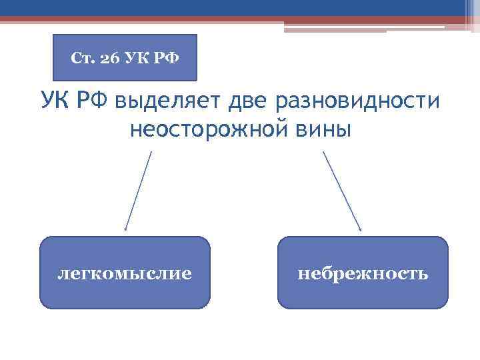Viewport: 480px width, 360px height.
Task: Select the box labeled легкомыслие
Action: click(125, 273)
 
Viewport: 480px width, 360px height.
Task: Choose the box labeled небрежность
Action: click(363, 273)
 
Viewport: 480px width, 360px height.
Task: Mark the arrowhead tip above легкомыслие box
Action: click(125, 230)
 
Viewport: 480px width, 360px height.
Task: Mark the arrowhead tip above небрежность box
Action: click(361, 230)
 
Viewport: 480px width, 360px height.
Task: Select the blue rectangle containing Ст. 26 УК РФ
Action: click(125, 58)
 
